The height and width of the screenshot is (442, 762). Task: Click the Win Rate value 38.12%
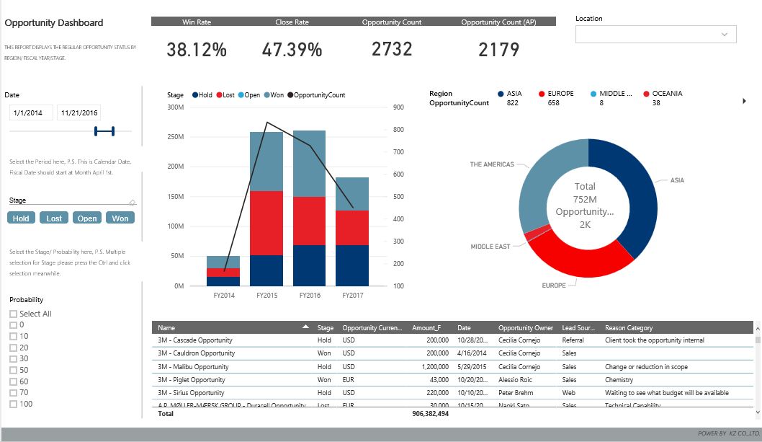pyautogui.click(x=197, y=50)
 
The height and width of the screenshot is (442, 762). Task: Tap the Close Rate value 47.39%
pyautogui.click(x=292, y=50)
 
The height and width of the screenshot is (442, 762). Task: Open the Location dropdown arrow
pyautogui.click(x=725, y=35)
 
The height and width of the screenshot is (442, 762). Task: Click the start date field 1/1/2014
pyautogui.click(x=31, y=113)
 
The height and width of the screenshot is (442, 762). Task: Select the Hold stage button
pyautogui.click(x=22, y=218)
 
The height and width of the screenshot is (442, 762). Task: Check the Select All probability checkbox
pyautogui.click(x=13, y=314)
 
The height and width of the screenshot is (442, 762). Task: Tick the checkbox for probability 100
pyautogui.click(x=13, y=405)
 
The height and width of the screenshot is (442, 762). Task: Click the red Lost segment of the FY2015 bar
pyautogui.click(x=266, y=223)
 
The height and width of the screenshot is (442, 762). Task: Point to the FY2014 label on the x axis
pyautogui.click(x=224, y=296)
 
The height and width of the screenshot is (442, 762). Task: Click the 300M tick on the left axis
pyautogui.click(x=175, y=107)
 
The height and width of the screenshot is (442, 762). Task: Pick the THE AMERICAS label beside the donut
pyautogui.click(x=492, y=164)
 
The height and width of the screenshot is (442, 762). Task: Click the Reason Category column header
pyautogui.click(x=629, y=328)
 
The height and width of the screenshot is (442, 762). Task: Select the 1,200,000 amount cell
pyautogui.click(x=432, y=367)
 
